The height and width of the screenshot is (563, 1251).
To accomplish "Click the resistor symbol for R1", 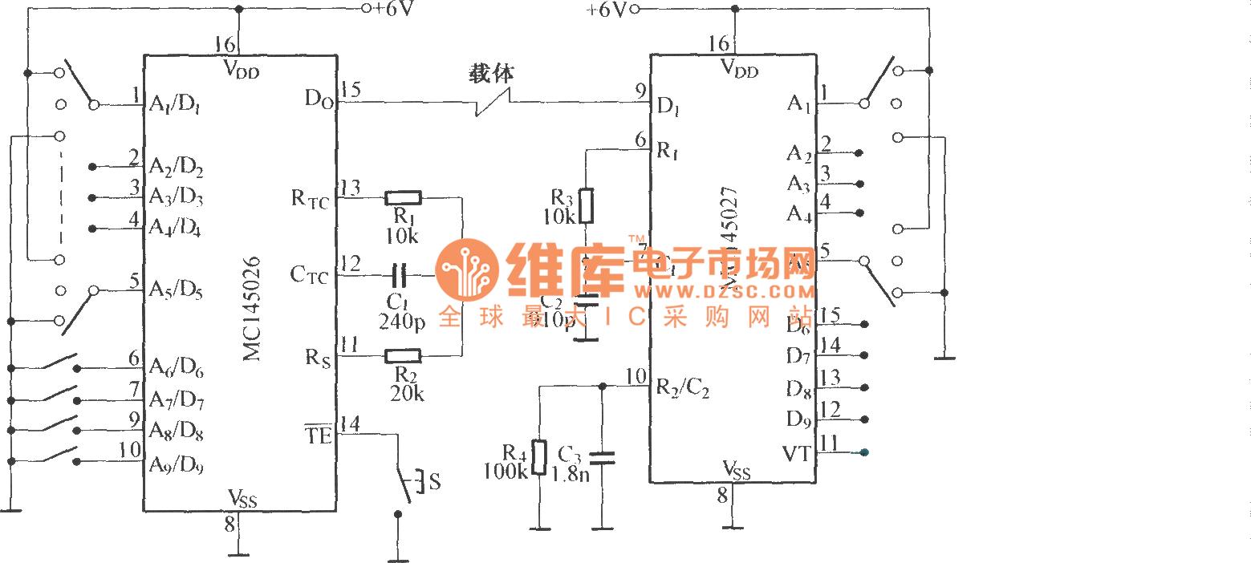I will click(x=403, y=197).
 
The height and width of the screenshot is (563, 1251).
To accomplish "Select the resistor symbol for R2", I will click(x=403, y=355).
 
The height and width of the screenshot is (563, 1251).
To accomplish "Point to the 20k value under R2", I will click(x=407, y=393).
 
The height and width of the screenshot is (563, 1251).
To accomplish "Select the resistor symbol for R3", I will click(x=587, y=206).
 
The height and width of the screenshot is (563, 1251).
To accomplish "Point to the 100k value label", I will click(x=506, y=472).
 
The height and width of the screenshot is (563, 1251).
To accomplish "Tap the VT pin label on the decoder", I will click(x=796, y=454).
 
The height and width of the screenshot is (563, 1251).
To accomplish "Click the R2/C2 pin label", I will click(x=682, y=387).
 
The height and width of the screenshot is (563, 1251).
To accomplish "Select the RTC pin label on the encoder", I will click(x=310, y=200).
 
